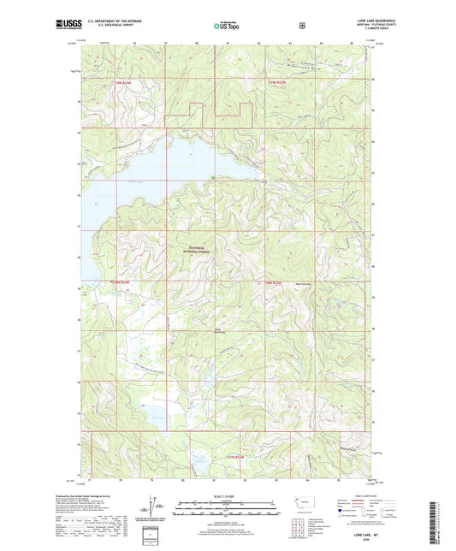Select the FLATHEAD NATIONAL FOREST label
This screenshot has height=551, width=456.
pyautogui.click(x=198, y=251)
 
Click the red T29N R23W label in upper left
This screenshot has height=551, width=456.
pyautogui.click(x=123, y=82)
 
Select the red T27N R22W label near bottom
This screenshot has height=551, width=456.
pyautogui.click(x=237, y=458)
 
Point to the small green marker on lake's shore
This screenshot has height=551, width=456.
pyautogui.click(x=213, y=178)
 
